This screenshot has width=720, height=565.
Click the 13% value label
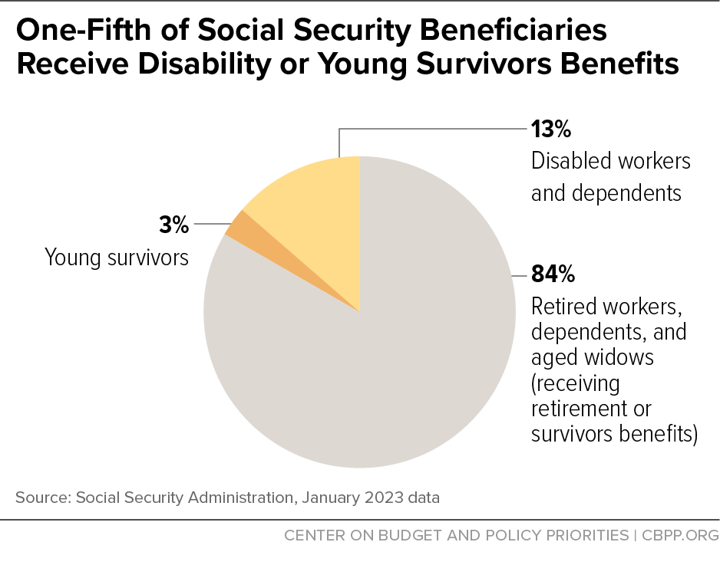coord(551,129)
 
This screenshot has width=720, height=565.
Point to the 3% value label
coord(174,225)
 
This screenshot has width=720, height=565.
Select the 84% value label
coord(553,274)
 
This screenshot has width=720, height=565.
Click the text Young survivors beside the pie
coord(117,257)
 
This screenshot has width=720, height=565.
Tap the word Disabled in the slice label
coord(568,161)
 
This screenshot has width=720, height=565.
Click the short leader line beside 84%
coord(519,274)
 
